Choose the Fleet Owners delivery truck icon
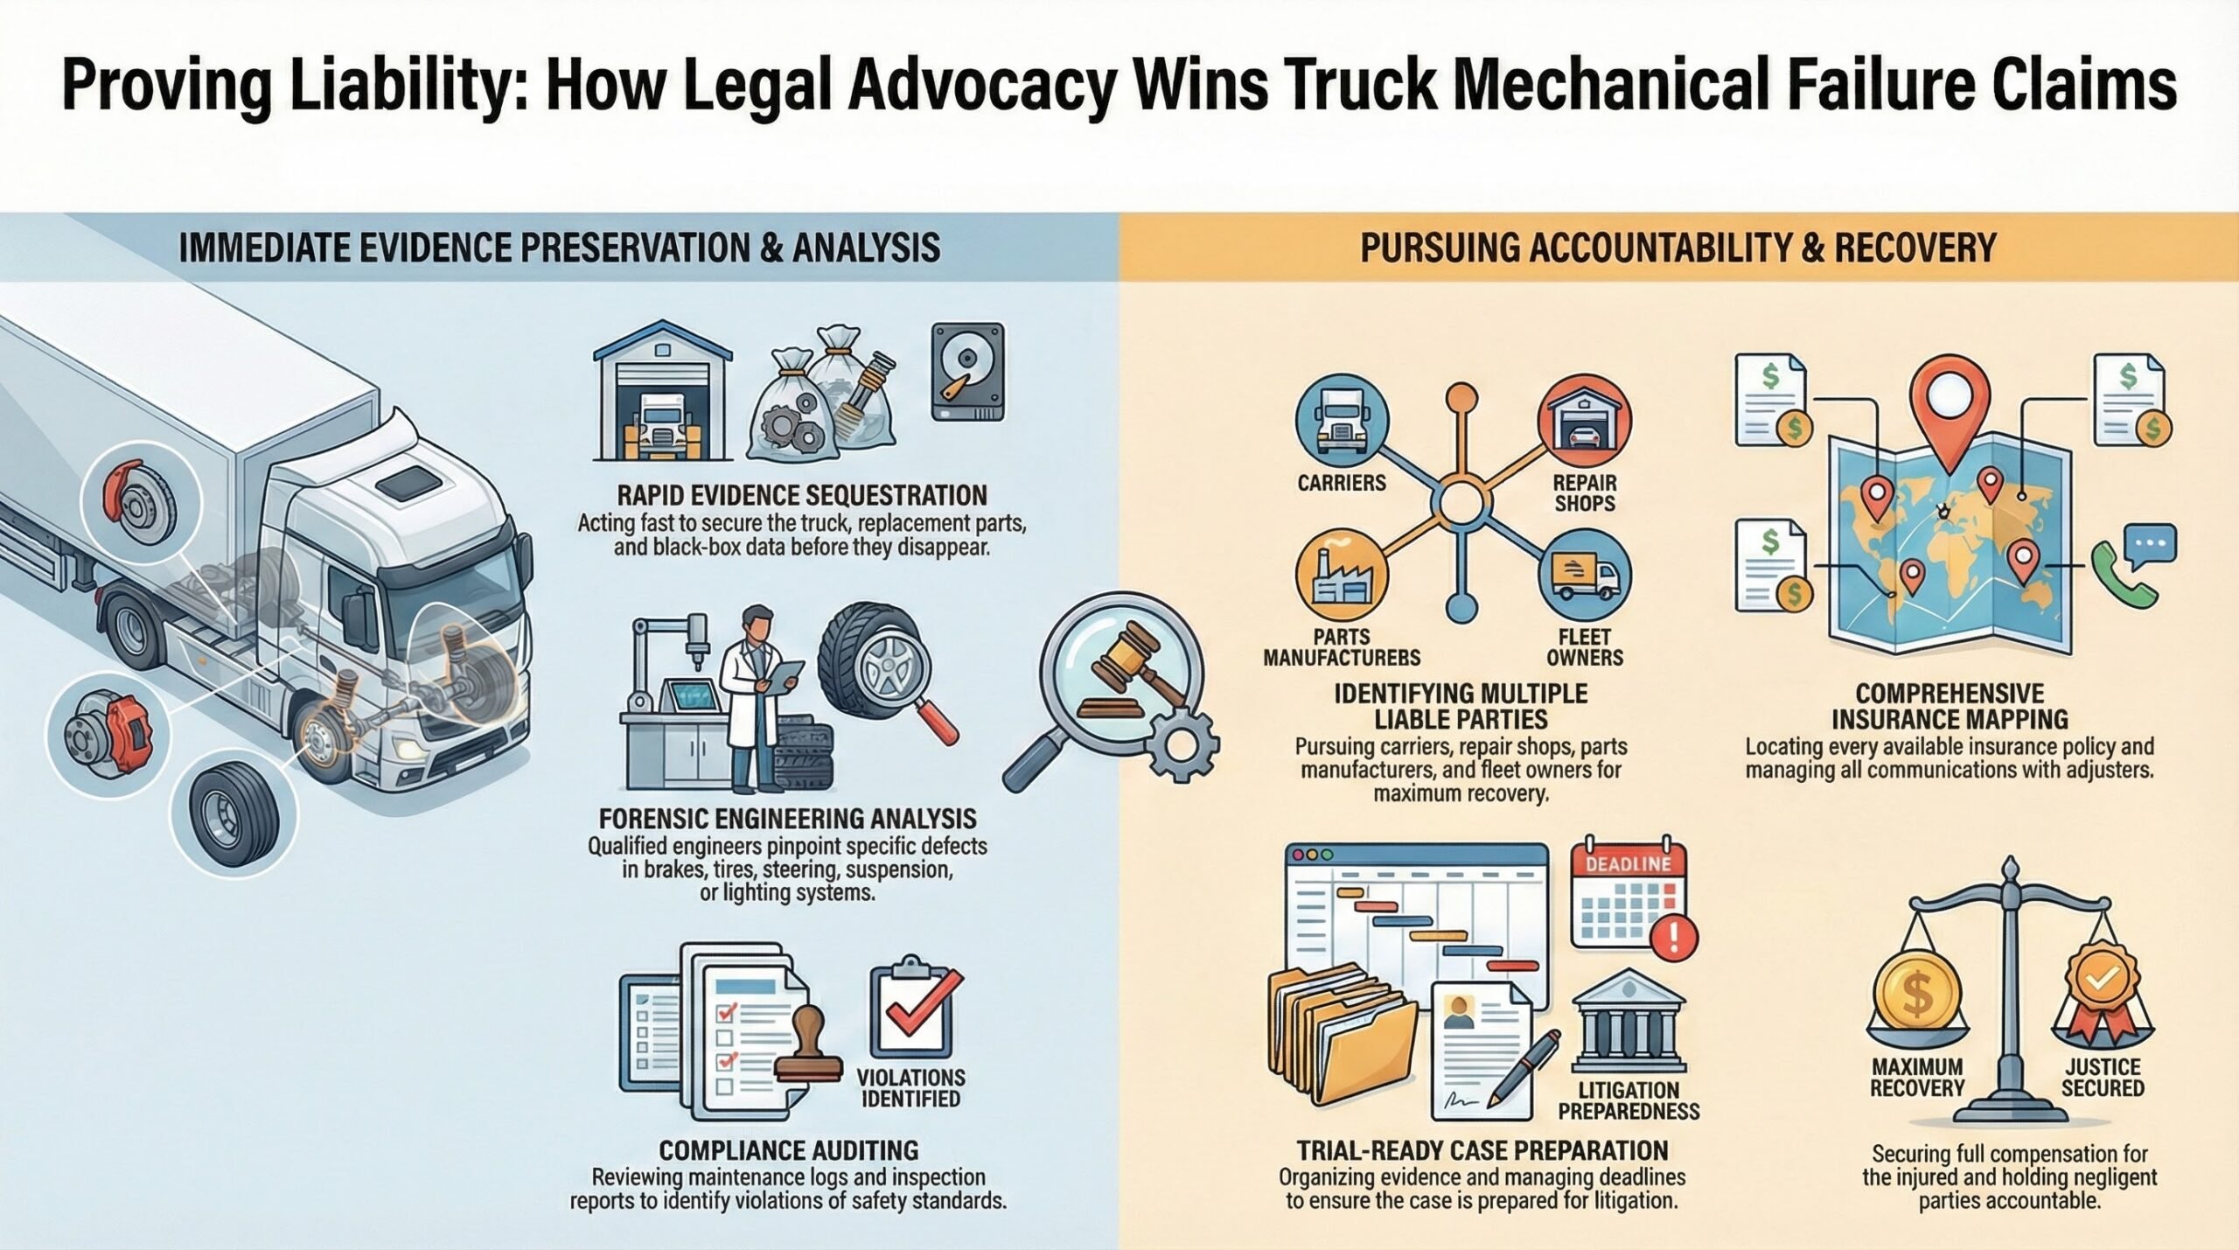click(x=1584, y=575)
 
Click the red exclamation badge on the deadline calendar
click(x=1674, y=938)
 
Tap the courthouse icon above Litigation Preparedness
click(x=1629, y=1019)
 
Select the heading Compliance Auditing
click(x=788, y=1149)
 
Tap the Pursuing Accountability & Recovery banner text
click(x=1678, y=248)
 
